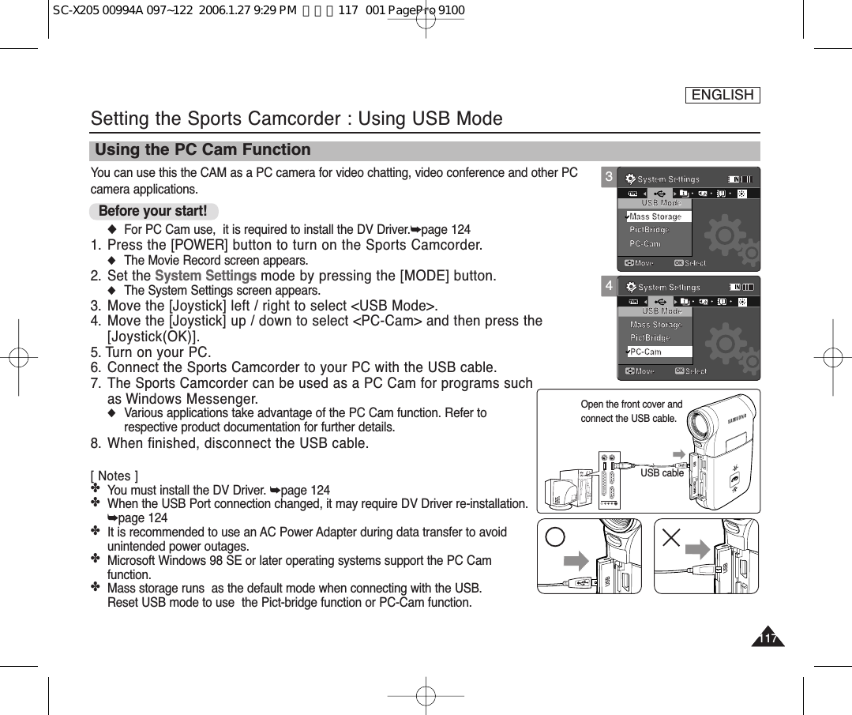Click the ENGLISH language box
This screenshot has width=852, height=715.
[x=722, y=95]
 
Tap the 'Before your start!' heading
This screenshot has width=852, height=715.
[x=153, y=211]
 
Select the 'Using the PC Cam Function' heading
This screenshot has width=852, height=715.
[x=203, y=150]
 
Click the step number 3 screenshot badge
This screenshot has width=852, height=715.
[x=609, y=178]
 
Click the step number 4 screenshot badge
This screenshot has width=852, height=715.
[x=609, y=285]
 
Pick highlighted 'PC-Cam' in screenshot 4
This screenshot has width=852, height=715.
[x=647, y=352]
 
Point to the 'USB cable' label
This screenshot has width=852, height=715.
[x=662, y=473]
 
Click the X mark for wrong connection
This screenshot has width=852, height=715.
[x=671, y=537]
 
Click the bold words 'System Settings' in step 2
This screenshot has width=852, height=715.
[x=205, y=276]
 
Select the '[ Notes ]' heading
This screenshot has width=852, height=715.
[x=114, y=476]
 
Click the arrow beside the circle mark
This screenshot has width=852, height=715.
[x=576, y=561]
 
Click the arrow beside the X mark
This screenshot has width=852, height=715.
[x=698, y=550]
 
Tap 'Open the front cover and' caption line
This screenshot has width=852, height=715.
[x=631, y=405]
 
